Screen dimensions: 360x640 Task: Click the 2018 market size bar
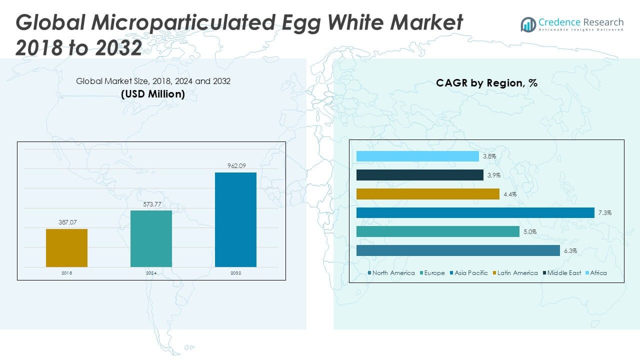(66, 248)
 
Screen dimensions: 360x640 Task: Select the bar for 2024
(151, 238)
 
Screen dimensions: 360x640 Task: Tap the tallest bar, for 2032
(235, 219)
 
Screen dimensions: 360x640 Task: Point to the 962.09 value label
(235, 166)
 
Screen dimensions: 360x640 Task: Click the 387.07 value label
(66, 222)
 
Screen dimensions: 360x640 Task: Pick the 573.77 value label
(151, 204)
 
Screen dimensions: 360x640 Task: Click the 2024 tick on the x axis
(151, 273)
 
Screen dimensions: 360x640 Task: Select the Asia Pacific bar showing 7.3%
(475, 213)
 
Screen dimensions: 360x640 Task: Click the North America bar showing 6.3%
(458, 250)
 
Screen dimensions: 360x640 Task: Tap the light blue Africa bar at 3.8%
(417, 156)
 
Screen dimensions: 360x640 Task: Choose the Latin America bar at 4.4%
(428, 194)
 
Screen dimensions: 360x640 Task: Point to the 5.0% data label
(530, 232)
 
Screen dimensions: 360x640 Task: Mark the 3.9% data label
(493, 175)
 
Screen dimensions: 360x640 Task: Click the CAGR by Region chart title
(486, 83)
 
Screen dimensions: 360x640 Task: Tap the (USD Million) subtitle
(153, 94)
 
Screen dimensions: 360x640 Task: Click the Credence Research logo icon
(528, 24)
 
